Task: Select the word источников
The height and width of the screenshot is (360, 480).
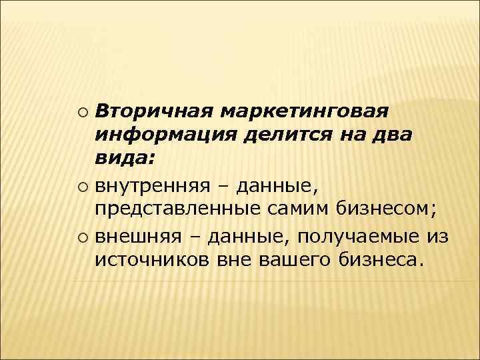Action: pyautogui.click(x=152, y=259)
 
